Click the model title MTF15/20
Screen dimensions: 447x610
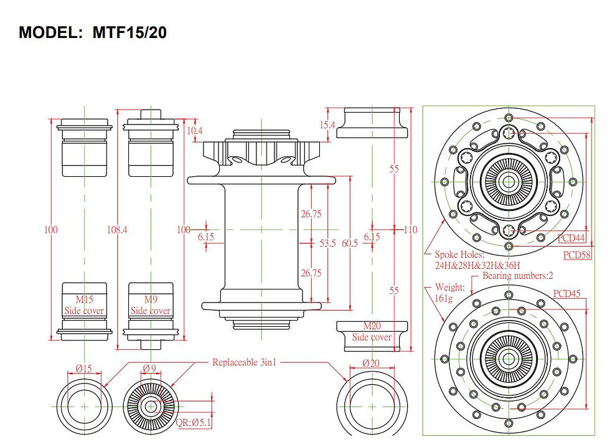(93, 32)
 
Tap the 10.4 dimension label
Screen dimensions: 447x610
(195, 131)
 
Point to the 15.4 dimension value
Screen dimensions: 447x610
(327, 125)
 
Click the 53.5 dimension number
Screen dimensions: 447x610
(327, 243)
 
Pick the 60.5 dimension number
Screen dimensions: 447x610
(350, 243)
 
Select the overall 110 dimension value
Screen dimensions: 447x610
(410, 230)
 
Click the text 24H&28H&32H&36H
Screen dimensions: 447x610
(477, 266)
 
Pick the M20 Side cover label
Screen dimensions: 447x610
(372, 332)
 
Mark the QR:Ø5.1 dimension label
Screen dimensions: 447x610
(194, 422)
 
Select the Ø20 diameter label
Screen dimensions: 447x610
(371, 363)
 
